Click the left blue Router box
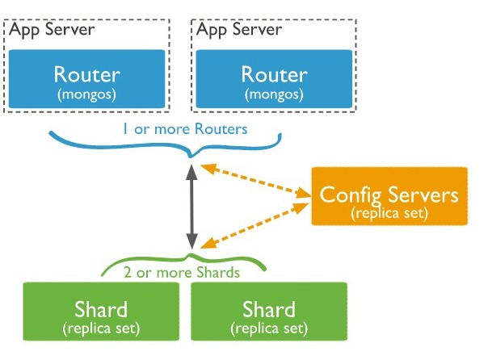(86, 80)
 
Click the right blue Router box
(274, 80)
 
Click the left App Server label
(51, 30)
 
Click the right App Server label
(238, 30)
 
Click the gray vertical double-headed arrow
(191, 206)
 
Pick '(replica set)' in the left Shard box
(101, 328)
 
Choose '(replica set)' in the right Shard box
(269, 328)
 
